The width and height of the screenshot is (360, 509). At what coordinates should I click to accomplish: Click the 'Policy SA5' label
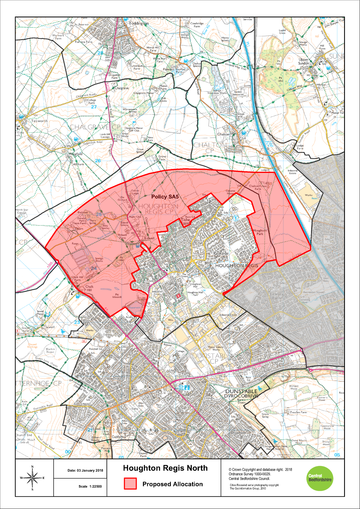[165, 197]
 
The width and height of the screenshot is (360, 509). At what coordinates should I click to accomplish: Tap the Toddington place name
[139, 23]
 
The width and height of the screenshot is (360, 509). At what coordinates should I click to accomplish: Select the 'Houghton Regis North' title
[165, 468]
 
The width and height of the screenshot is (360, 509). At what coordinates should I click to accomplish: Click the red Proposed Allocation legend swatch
[130, 484]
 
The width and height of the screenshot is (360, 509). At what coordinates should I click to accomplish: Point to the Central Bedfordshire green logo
[320, 478]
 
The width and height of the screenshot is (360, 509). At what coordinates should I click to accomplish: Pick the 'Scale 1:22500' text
[90, 486]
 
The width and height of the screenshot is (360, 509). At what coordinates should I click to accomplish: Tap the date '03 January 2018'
[85, 470]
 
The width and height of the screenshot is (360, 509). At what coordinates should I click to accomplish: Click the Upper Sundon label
[304, 61]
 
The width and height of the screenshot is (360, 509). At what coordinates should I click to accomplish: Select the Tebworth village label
[39, 121]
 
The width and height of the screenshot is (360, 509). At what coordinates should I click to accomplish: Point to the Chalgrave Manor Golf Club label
[134, 129]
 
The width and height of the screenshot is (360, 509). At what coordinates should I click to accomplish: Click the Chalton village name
[223, 134]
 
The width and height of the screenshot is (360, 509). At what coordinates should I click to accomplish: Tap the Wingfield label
[76, 154]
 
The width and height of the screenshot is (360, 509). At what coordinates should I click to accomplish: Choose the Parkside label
[221, 253]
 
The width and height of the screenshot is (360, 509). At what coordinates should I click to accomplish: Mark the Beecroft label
[114, 379]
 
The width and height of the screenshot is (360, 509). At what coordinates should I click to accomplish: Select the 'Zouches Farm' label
[298, 412]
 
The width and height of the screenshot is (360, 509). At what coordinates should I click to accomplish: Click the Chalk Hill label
[89, 288]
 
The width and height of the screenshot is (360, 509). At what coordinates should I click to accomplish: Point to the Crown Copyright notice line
[260, 470]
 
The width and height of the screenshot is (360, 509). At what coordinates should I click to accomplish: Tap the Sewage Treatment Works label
[217, 92]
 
